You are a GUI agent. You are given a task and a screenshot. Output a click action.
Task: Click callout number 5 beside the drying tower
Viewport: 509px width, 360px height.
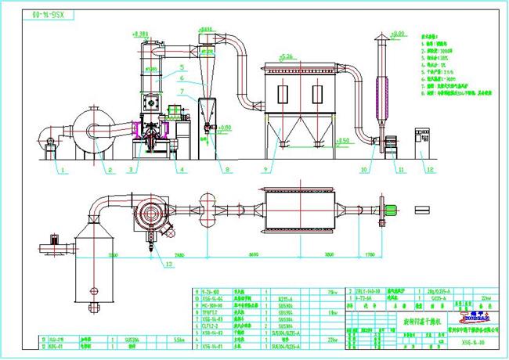(181, 67)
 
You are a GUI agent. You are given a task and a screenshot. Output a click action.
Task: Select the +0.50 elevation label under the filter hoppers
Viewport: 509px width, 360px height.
(342, 140)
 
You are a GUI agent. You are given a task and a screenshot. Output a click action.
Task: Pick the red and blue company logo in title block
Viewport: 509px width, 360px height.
(464, 315)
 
